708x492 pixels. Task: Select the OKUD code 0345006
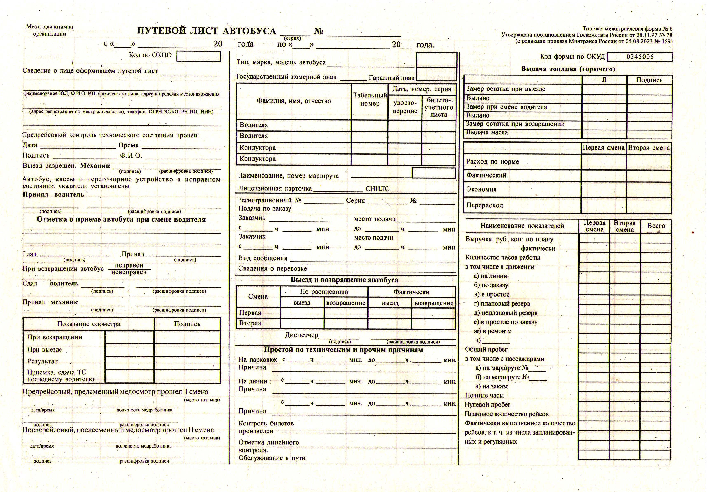pyautogui.click(x=640, y=57)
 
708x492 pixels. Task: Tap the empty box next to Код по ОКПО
pyautogui.click(x=199, y=56)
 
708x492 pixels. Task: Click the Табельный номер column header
pyautogui.click(x=370, y=99)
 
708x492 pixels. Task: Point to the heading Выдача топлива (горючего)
pyautogui.click(x=568, y=69)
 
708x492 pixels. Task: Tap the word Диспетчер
pyautogui.click(x=301, y=335)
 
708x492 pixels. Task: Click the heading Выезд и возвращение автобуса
pyautogui.click(x=344, y=280)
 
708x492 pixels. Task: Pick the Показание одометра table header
pyautogui.click(x=89, y=324)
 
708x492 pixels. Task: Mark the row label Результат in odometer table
pyautogui.click(x=43, y=361)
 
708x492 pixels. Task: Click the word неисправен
pyautogui.click(x=129, y=272)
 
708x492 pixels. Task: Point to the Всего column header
pyautogui.click(x=656, y=226)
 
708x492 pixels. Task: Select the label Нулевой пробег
pyautogui.click(x=488, y=405)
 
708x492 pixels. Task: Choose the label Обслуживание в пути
pyautogui.click(x=272, y=458)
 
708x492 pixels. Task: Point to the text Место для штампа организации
pyautogui.click(x=49, y=30)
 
